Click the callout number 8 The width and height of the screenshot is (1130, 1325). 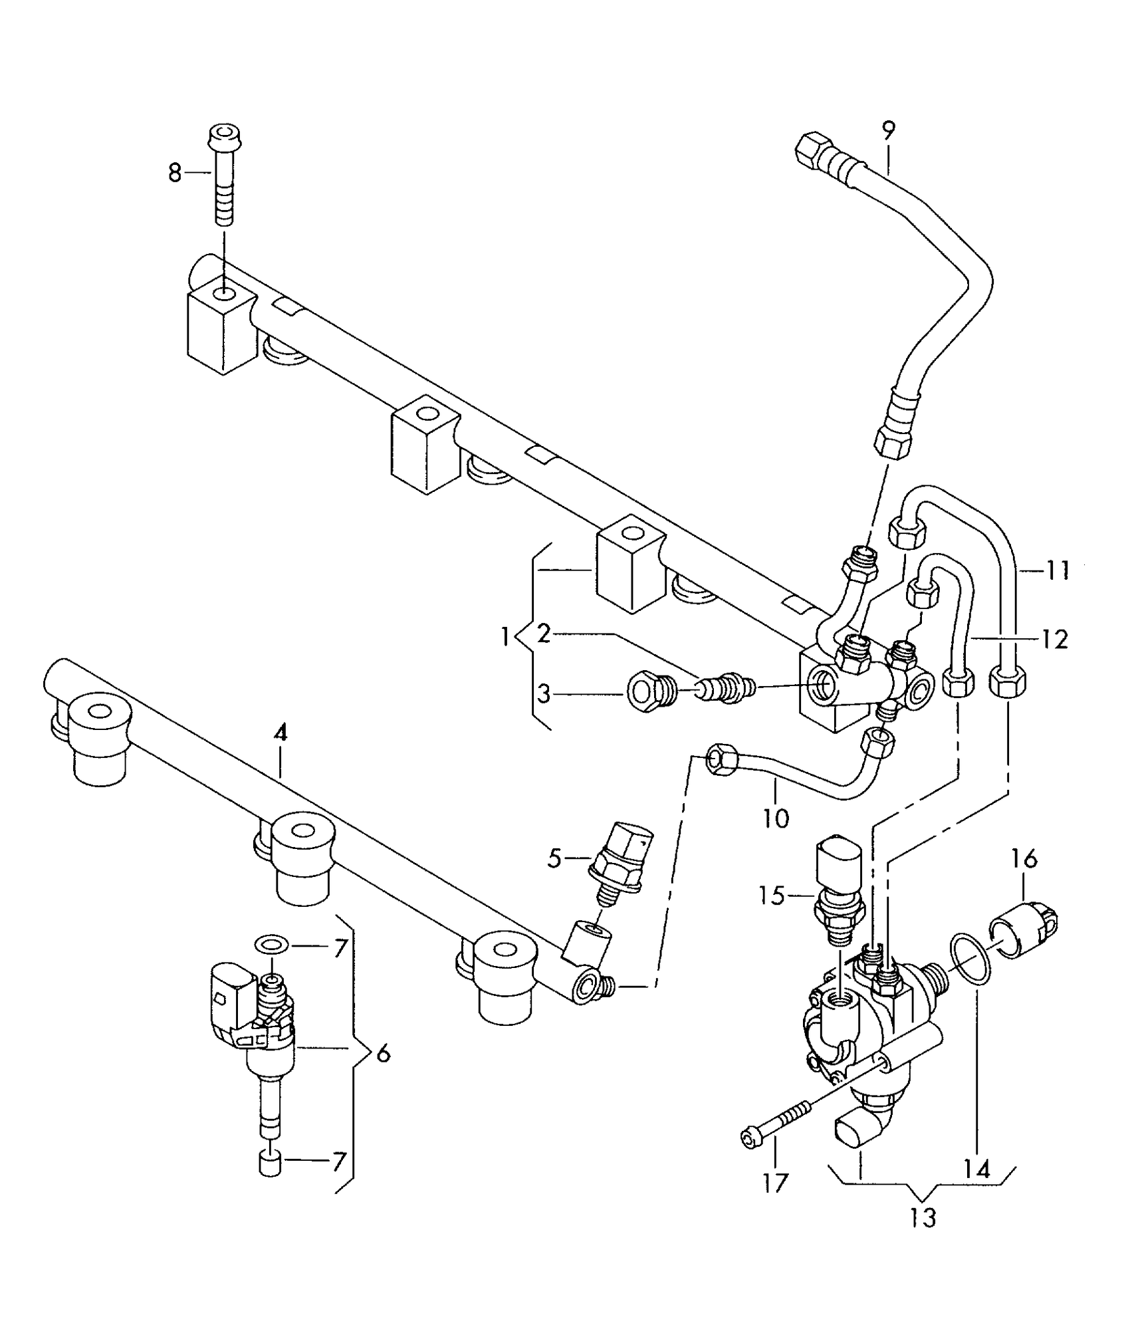tap(174, 173)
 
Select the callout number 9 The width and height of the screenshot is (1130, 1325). tap(889, 131)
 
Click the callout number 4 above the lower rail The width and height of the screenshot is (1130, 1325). tap(281, 733)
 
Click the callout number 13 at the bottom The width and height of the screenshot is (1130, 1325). tap(923, 1218)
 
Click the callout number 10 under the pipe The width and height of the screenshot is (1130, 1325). tap(775, 818)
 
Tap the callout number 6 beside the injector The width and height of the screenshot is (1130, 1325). tap(384, 1054)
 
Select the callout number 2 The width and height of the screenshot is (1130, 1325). tap(544, 634)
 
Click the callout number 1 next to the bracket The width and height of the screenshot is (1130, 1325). tap(507, 638)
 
